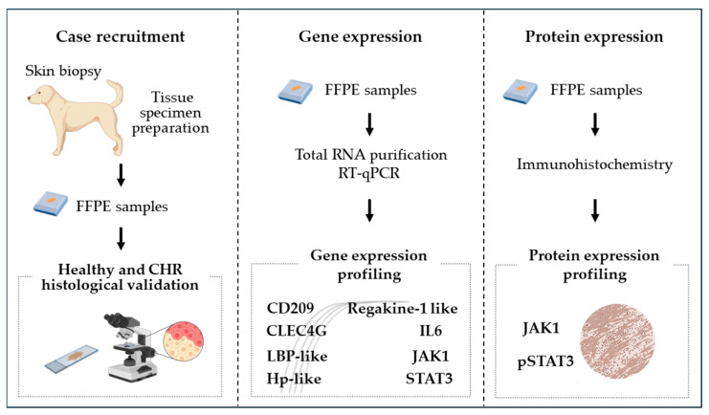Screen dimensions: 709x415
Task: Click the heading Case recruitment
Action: point(121,36)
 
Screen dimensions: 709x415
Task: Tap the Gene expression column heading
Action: point(360,36)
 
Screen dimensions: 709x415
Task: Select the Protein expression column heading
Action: point(593,36)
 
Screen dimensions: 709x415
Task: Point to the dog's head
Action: point(38,96)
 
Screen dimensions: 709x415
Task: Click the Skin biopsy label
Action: point(63,71)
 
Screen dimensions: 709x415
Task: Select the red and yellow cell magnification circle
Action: point(183,342)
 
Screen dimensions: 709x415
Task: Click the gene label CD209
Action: point(290,308)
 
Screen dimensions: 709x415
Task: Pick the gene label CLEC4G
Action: point(297,331)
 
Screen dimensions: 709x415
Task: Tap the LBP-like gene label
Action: point(297,356)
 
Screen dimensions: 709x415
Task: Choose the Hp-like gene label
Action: point(294,378)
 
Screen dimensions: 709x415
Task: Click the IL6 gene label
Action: point(431,331)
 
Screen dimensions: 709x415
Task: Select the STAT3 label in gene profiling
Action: point(429,378)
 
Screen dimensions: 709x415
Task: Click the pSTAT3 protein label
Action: point(545,361)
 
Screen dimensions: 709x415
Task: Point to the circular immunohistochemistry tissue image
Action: point(617,340)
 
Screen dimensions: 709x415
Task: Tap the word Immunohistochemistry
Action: point(594,164)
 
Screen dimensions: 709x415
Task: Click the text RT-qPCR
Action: point(369,173)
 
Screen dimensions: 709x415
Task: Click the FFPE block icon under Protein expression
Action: point(520,91)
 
